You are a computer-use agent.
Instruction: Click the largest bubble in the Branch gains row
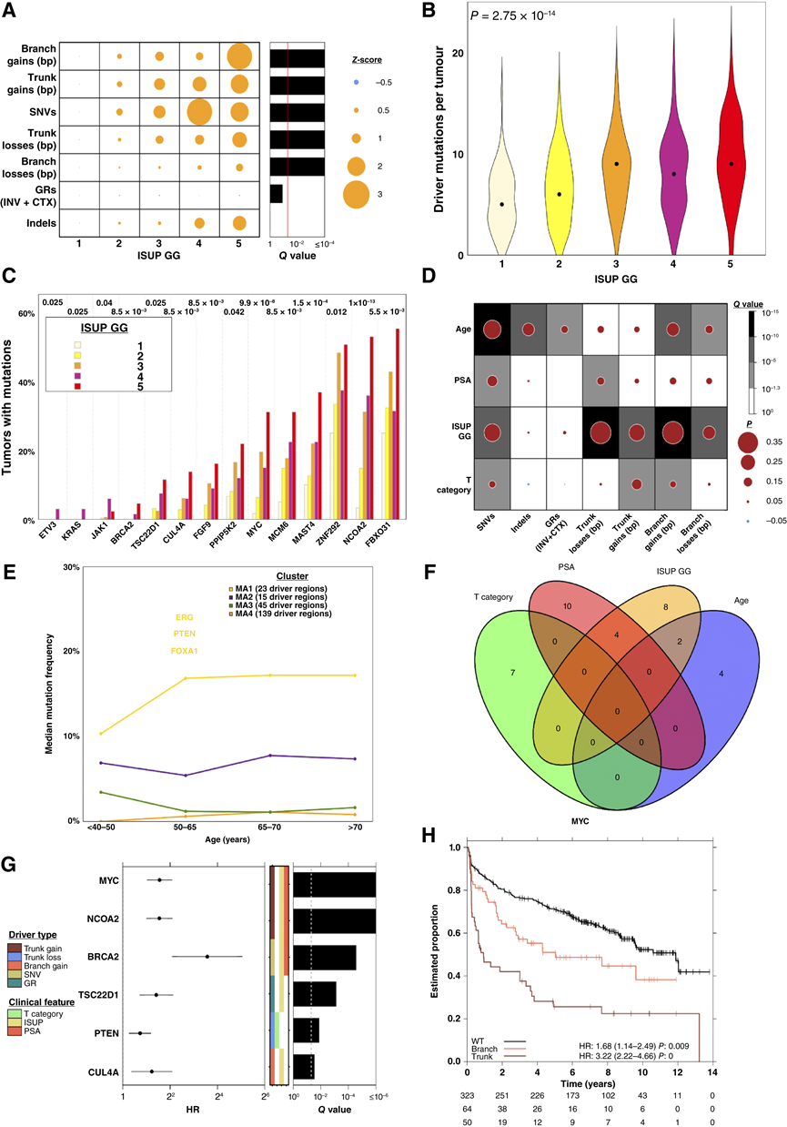pos(238,56)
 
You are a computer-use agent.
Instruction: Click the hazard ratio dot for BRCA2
pos(207,956)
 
